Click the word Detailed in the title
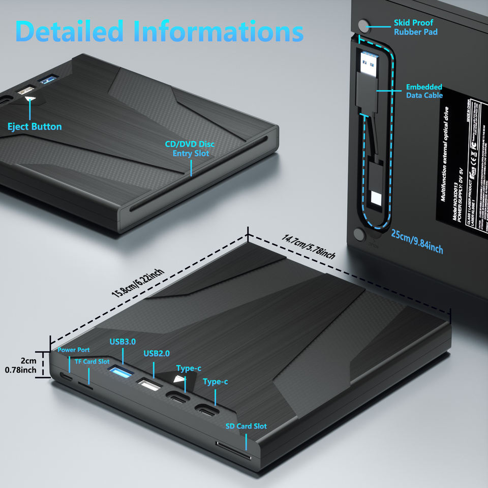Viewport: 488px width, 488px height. point(70,32)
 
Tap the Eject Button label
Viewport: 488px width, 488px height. point(35,127)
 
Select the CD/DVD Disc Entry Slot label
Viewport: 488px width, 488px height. point(190,148)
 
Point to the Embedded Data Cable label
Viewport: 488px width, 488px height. point(424,91)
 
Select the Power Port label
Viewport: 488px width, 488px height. point(73,350)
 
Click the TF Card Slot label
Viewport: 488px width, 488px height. point(92,361)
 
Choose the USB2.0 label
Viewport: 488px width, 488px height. point(157,353)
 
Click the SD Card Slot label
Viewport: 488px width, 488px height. point(246,426)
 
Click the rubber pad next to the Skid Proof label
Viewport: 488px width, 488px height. point(364,25)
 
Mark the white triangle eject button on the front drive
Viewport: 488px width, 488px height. point(178,380)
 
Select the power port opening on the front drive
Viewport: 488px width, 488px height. point(66,377)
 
